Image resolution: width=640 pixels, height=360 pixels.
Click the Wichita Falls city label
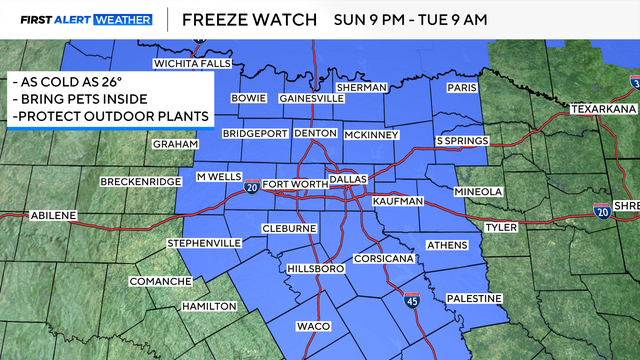point(191,65)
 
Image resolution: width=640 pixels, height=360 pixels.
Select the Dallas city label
point(349,177)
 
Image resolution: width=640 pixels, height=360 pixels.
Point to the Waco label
point(313,327)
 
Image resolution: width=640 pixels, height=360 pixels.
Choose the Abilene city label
point(51,215)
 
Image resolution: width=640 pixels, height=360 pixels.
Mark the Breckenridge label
point(141,181)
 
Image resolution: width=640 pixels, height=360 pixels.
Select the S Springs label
point(460,141)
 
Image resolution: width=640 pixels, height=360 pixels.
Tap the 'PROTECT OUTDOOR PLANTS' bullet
point(111,117)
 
